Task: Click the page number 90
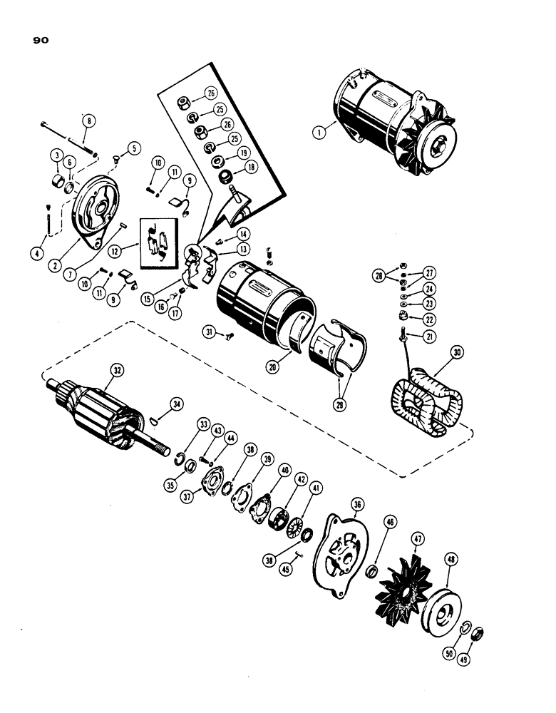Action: (40, 41)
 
